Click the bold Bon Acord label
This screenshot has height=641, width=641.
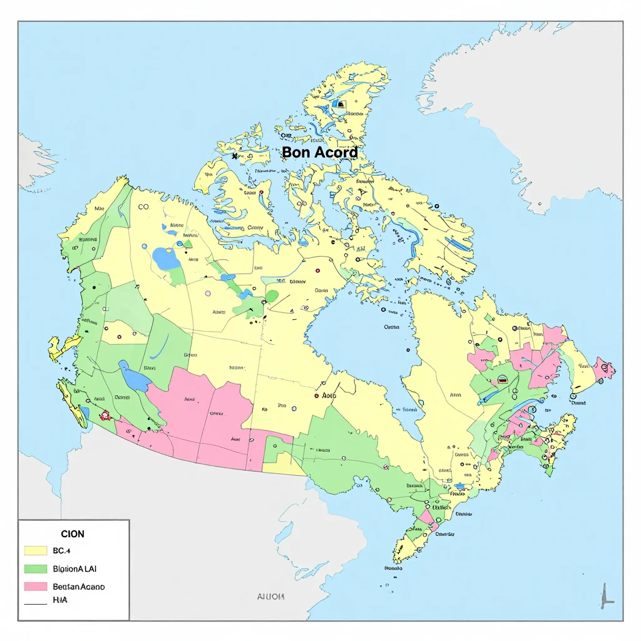320,152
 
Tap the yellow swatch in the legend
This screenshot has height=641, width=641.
36,551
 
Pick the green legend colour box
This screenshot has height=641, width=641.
36,569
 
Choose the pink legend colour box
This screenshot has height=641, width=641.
36,587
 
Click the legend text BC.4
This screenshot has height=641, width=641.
63,551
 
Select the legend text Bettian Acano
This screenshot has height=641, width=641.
79,587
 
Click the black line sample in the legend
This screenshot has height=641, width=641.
36,604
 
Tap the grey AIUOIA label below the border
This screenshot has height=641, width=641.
271,597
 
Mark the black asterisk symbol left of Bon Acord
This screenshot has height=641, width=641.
235,156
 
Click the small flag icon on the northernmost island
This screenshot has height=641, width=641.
340,104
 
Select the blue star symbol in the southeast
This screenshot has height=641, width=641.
460,486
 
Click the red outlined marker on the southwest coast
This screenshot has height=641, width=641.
105,414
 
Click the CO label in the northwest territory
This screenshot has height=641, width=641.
143,207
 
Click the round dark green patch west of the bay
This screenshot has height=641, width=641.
272,296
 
